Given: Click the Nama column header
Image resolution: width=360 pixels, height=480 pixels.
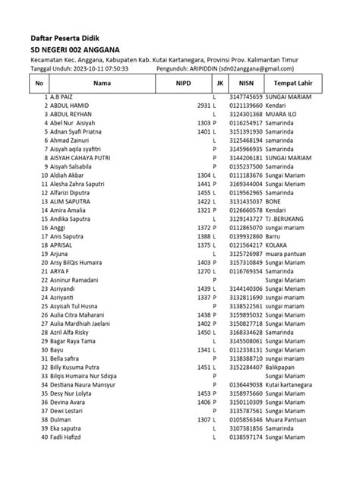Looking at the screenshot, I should (102, 84).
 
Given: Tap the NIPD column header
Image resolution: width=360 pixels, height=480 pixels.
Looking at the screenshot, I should (184, 84).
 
